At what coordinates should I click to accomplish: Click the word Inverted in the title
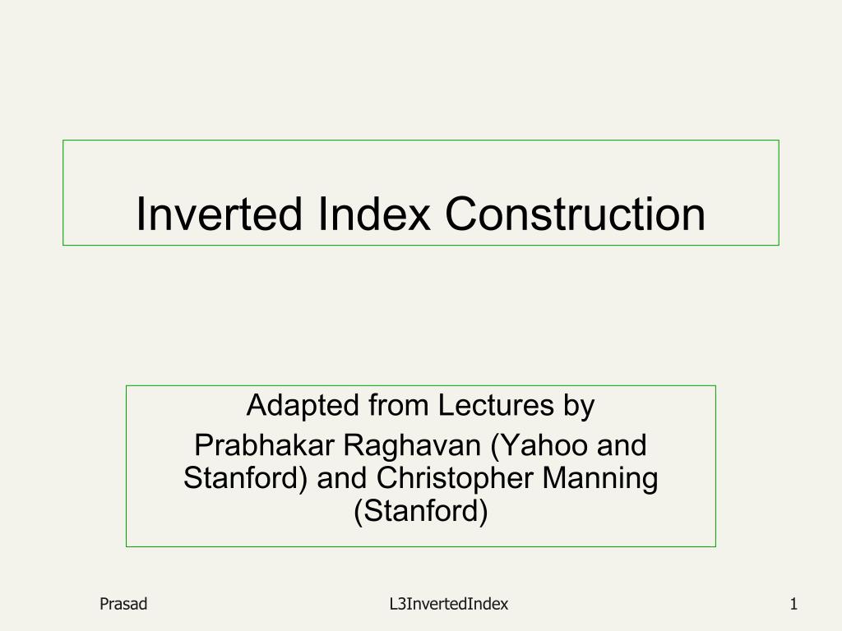pos(219,214)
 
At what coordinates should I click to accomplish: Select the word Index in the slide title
pos(374,214)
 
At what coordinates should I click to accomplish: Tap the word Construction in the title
pos(575,214)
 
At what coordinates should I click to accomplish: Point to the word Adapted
pos(303,406)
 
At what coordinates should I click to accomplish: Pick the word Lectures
pos(496,405)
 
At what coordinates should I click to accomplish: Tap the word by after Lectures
pos(579,407)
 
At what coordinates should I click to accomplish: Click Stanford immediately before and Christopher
pos(245,479)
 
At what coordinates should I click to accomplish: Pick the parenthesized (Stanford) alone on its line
pos(421,511)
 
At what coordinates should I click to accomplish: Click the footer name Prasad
pos(123,604)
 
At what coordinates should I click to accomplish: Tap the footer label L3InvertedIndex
pos(449,604)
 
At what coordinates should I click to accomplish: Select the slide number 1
pos(793,604)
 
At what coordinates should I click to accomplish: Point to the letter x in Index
pos(419,219)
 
